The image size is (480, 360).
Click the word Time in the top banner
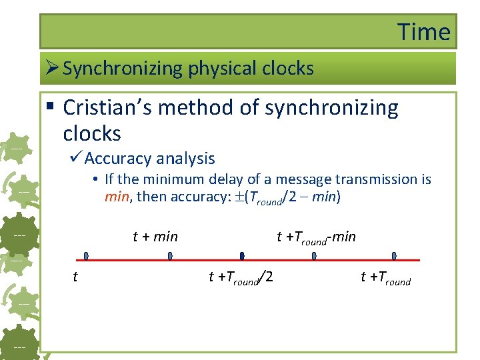(x=424, y=32)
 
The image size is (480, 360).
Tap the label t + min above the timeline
(x=155, y=236)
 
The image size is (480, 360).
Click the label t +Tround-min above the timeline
(x=316, y=237)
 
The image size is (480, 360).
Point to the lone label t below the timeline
(x=75, y=277)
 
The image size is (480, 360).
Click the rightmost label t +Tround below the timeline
(x=385, y=277)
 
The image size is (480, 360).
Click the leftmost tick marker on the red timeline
(x=85, y=256)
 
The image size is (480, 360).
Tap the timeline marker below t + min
(x=170, y=256)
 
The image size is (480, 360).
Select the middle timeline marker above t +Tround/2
(x=242, y=256)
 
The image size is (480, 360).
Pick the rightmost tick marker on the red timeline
(x=394, y=256)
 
